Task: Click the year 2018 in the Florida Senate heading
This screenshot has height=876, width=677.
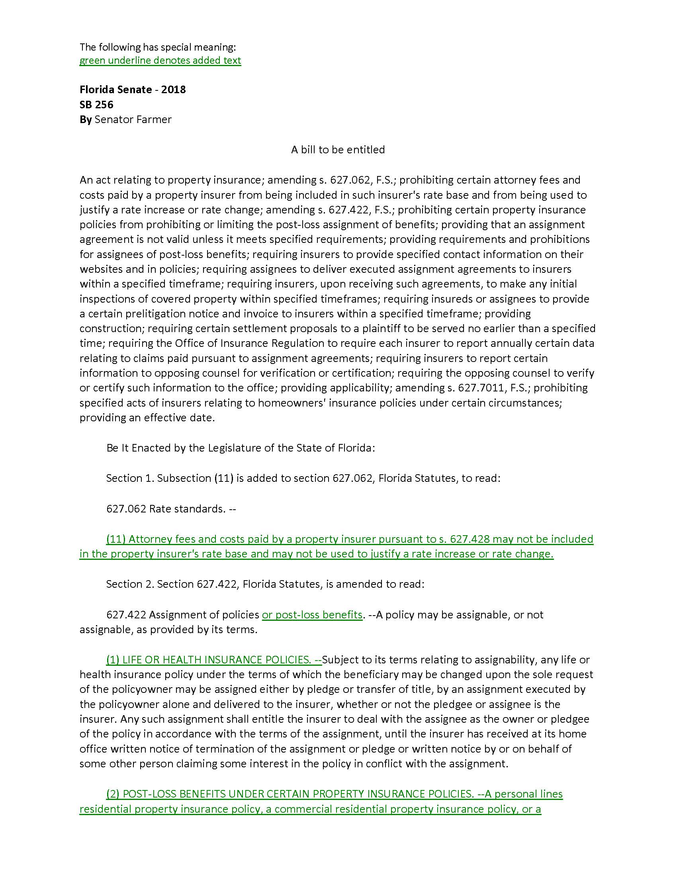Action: coord(173,90)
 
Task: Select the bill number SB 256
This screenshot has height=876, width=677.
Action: coord(96,105)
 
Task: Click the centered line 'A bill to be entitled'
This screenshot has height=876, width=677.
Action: coord(338,150)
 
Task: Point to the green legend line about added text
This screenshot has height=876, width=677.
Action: coord(160,61)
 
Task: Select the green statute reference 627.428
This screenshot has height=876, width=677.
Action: coord(470,539)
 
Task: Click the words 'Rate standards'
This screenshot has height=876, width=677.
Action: coord(186,508)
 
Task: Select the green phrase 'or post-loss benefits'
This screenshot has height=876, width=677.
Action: coord(312,614)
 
